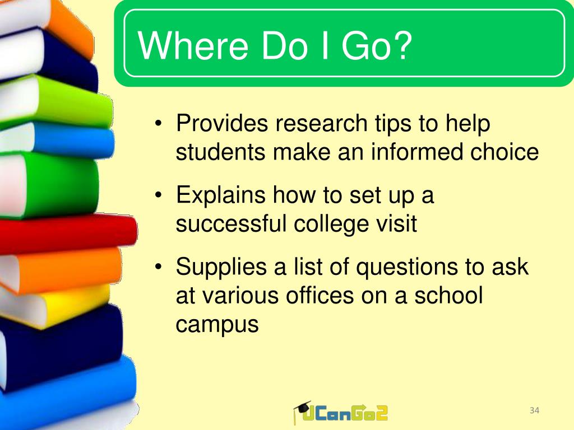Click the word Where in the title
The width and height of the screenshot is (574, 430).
coord(193,46)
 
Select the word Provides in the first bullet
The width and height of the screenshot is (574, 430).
coord(222,123)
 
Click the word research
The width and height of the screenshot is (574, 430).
coord(321,123)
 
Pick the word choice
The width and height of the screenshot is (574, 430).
coord(504,152)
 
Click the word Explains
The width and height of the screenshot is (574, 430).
coord(221,195)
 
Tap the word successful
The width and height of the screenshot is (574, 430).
coord(230,223)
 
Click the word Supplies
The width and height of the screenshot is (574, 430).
coord(221,267)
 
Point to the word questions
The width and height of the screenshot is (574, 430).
coord(407,267)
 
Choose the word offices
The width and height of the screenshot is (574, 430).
coord(320,295)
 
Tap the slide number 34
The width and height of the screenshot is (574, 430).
coord(534,410)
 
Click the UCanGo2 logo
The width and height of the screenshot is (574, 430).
coord(340,413)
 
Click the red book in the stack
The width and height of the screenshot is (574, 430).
coord(68,233)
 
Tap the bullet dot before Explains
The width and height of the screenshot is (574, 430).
coord(158,195)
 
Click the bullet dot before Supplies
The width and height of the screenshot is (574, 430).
coord(158,267)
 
